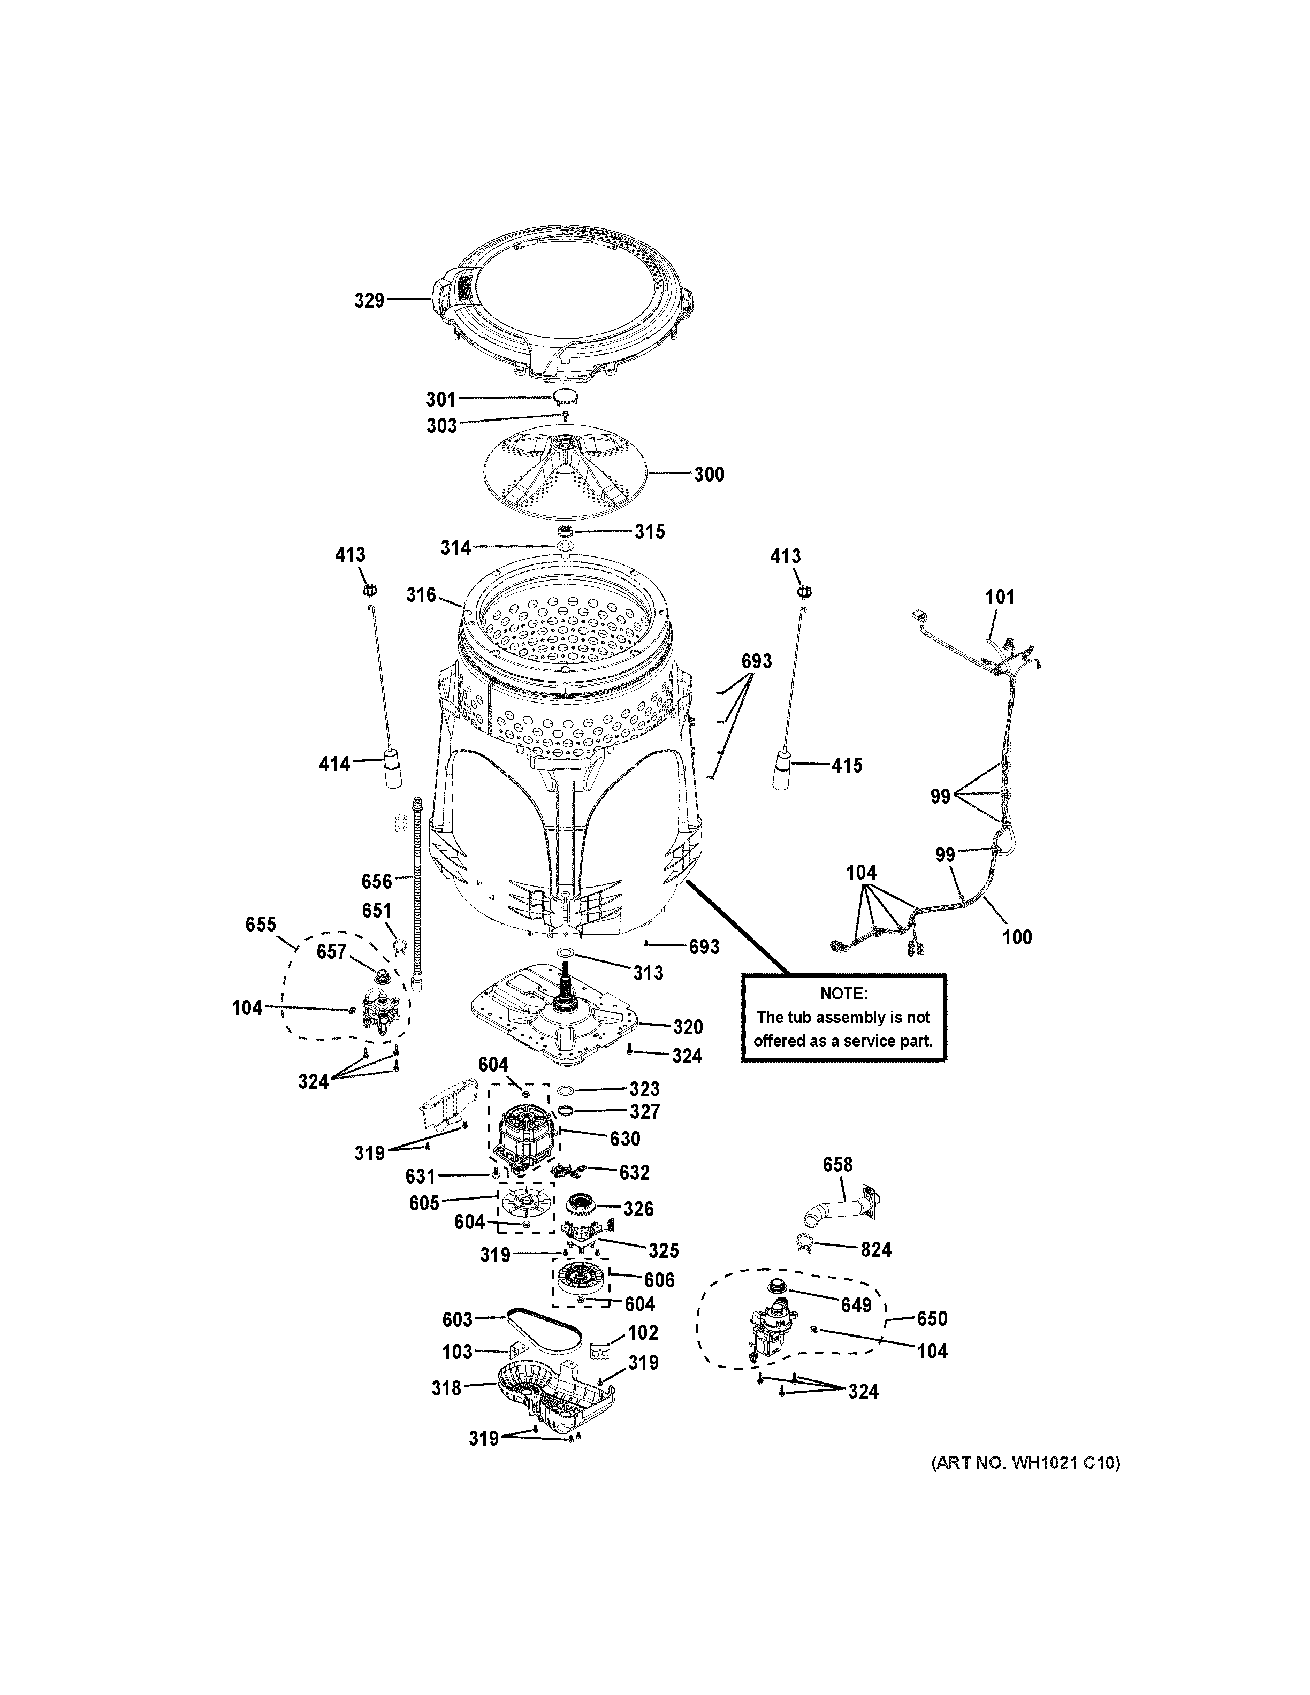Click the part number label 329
369,300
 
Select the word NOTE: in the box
843,994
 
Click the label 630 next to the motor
624,1139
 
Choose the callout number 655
261,925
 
